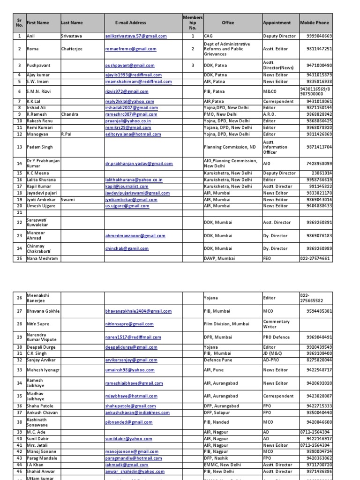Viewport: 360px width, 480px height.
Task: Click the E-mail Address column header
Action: click(130, 22)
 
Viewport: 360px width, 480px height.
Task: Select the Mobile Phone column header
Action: click(315, 22)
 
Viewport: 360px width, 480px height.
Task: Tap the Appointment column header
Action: click(277, 22)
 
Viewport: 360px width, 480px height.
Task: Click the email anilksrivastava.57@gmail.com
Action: click(136, 36)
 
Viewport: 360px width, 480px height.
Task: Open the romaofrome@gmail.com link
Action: click(131, 49)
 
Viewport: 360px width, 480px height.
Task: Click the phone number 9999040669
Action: click(319, 36)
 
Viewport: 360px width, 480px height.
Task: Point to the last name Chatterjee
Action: click(72, 49)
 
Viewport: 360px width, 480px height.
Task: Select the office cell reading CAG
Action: click(209, 36)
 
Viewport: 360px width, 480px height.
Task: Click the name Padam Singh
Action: click(39, 147)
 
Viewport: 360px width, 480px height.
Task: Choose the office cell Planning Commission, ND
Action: click(230, 147)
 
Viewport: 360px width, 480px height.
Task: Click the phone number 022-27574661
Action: click(315, 258)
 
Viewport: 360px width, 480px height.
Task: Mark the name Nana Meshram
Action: click(43, 258)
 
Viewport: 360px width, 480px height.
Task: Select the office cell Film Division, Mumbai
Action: click(226, 324)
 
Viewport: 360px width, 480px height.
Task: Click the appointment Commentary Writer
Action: click(277, 324)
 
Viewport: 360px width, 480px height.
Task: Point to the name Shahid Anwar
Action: click(41, 472)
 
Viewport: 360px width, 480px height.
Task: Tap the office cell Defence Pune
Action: click(218, 360)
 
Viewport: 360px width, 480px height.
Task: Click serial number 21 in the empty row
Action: click(20, 212)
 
